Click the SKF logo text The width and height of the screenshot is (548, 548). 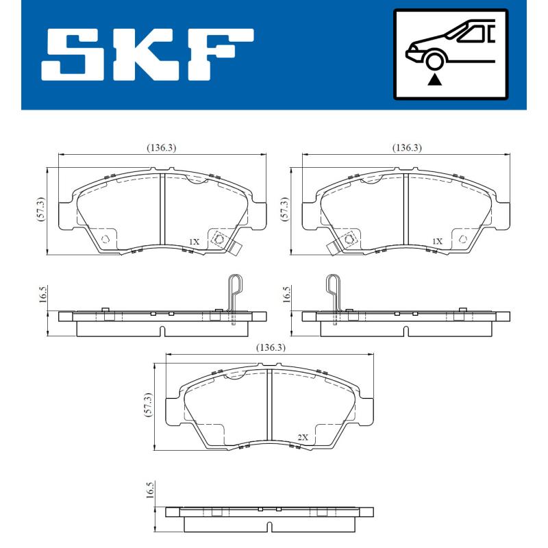(147, 55)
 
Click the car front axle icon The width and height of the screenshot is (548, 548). (449, 54)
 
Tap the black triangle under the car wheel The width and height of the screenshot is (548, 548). (434, 80)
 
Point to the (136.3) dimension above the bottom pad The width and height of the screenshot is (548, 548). (271, 348)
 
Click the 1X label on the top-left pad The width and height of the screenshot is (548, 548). (194, 242)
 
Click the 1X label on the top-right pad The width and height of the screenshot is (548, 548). (438, 242)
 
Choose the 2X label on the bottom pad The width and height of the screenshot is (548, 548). (302, 437)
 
